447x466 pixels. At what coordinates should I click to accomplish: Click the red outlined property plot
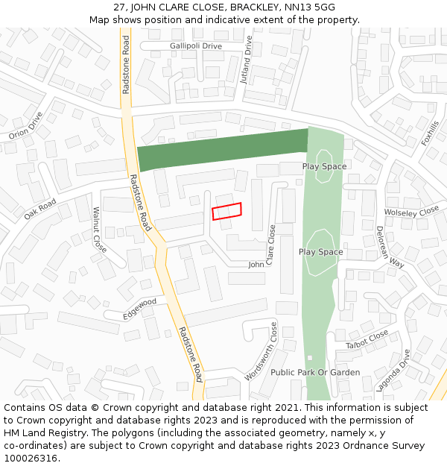click(227, 211)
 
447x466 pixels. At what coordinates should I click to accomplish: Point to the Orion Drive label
click(27, 125)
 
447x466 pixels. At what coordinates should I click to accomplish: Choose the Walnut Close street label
click(99, 230)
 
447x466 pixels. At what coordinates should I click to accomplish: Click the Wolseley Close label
click(412, 212)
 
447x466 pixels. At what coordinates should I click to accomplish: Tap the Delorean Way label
click(390, 247)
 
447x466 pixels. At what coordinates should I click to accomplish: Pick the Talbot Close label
click(367, 340)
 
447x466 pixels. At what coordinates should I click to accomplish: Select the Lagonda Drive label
click(403, 371)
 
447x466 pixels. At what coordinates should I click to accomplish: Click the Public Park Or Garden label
click(315, 372)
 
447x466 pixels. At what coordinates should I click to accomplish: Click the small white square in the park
click(310, 358)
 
